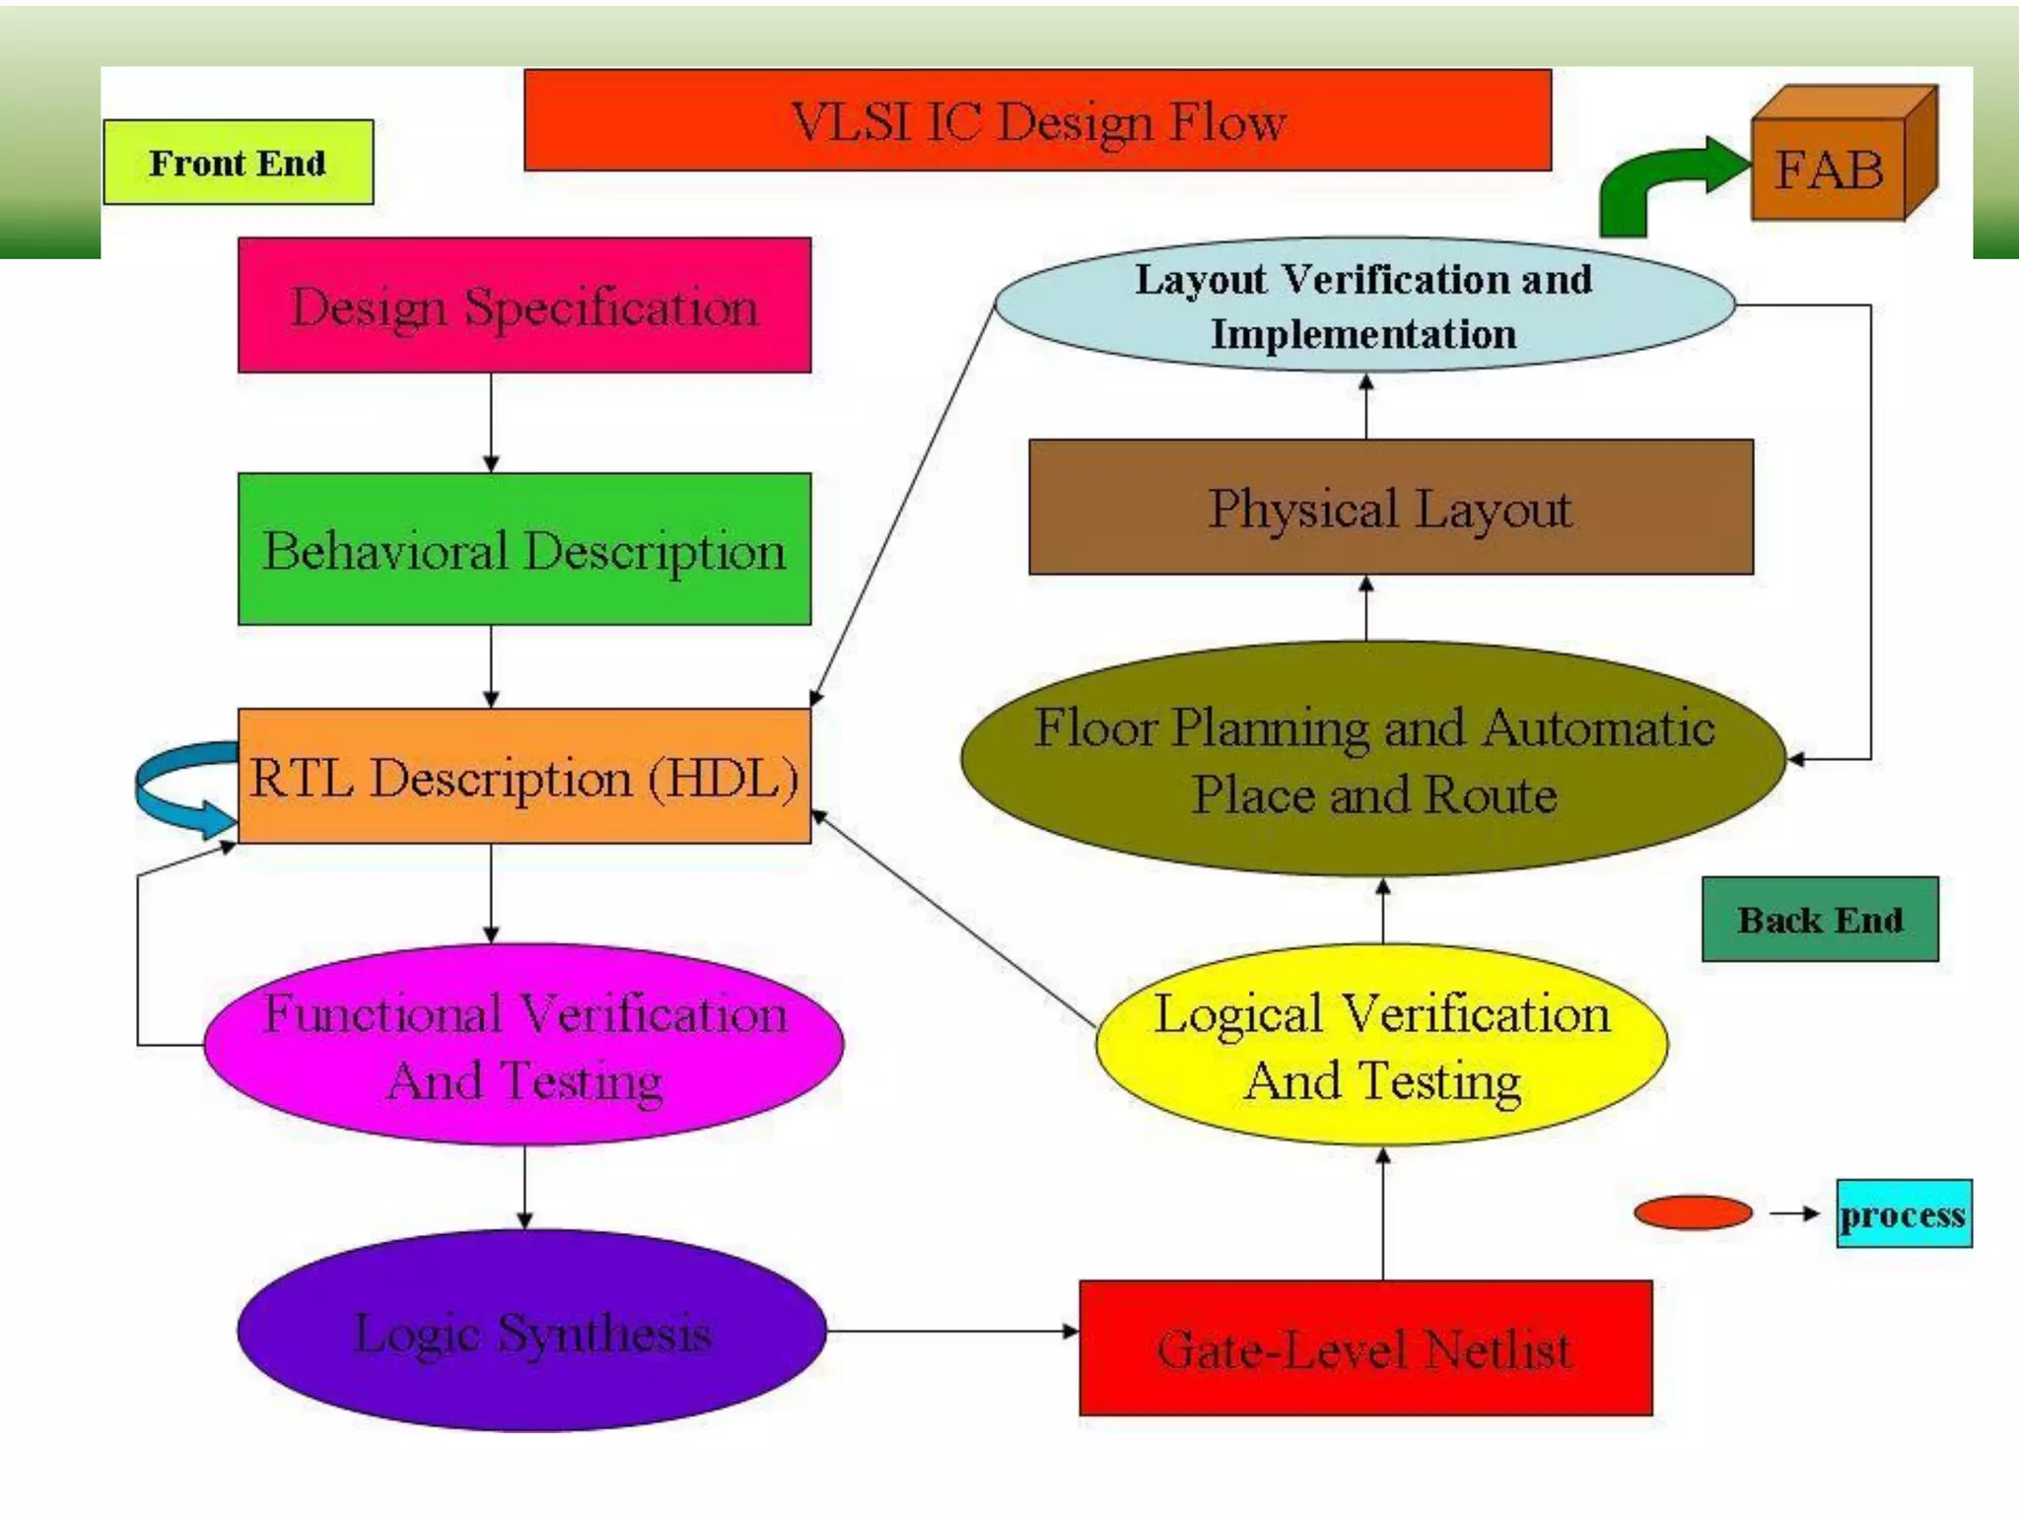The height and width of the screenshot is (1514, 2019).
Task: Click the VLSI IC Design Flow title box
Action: click(x=1037, y=120)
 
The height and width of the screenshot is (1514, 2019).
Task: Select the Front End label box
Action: click(x=238, y=163)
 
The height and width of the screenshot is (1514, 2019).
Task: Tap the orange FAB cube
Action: click(x=1830, y=168)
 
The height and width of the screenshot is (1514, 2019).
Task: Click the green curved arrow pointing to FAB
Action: click(x=1656, y=182)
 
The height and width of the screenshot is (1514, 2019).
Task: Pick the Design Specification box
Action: click(x=524, y=306)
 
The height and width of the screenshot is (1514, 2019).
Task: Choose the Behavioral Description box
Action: click(x=524, y=549)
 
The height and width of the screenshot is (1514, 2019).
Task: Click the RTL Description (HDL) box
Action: click(x=524, y=777)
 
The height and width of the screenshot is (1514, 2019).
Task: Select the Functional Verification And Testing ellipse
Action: click(x=524, y=1045)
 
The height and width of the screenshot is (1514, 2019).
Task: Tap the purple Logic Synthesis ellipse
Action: click(x=532, y=1331)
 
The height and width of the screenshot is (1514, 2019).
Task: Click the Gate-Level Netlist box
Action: click(x=1365, y=1348)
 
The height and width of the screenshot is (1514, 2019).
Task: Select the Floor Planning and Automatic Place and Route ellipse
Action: click(x=1373, y=759)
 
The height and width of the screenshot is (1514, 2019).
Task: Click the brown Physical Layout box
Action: click(x=1390, y=508)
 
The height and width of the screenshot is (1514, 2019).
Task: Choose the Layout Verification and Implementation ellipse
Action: click(x=1364, y=305)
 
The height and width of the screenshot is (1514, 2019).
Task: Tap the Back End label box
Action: click(x=1820, y=920)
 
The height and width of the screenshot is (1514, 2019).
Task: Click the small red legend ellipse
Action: click(x=1693, y=1212)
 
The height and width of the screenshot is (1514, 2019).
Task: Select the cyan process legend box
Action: click(x=1904, y=1213)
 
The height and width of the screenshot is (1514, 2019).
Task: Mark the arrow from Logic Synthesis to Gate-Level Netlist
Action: click(x=952, y=1332)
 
